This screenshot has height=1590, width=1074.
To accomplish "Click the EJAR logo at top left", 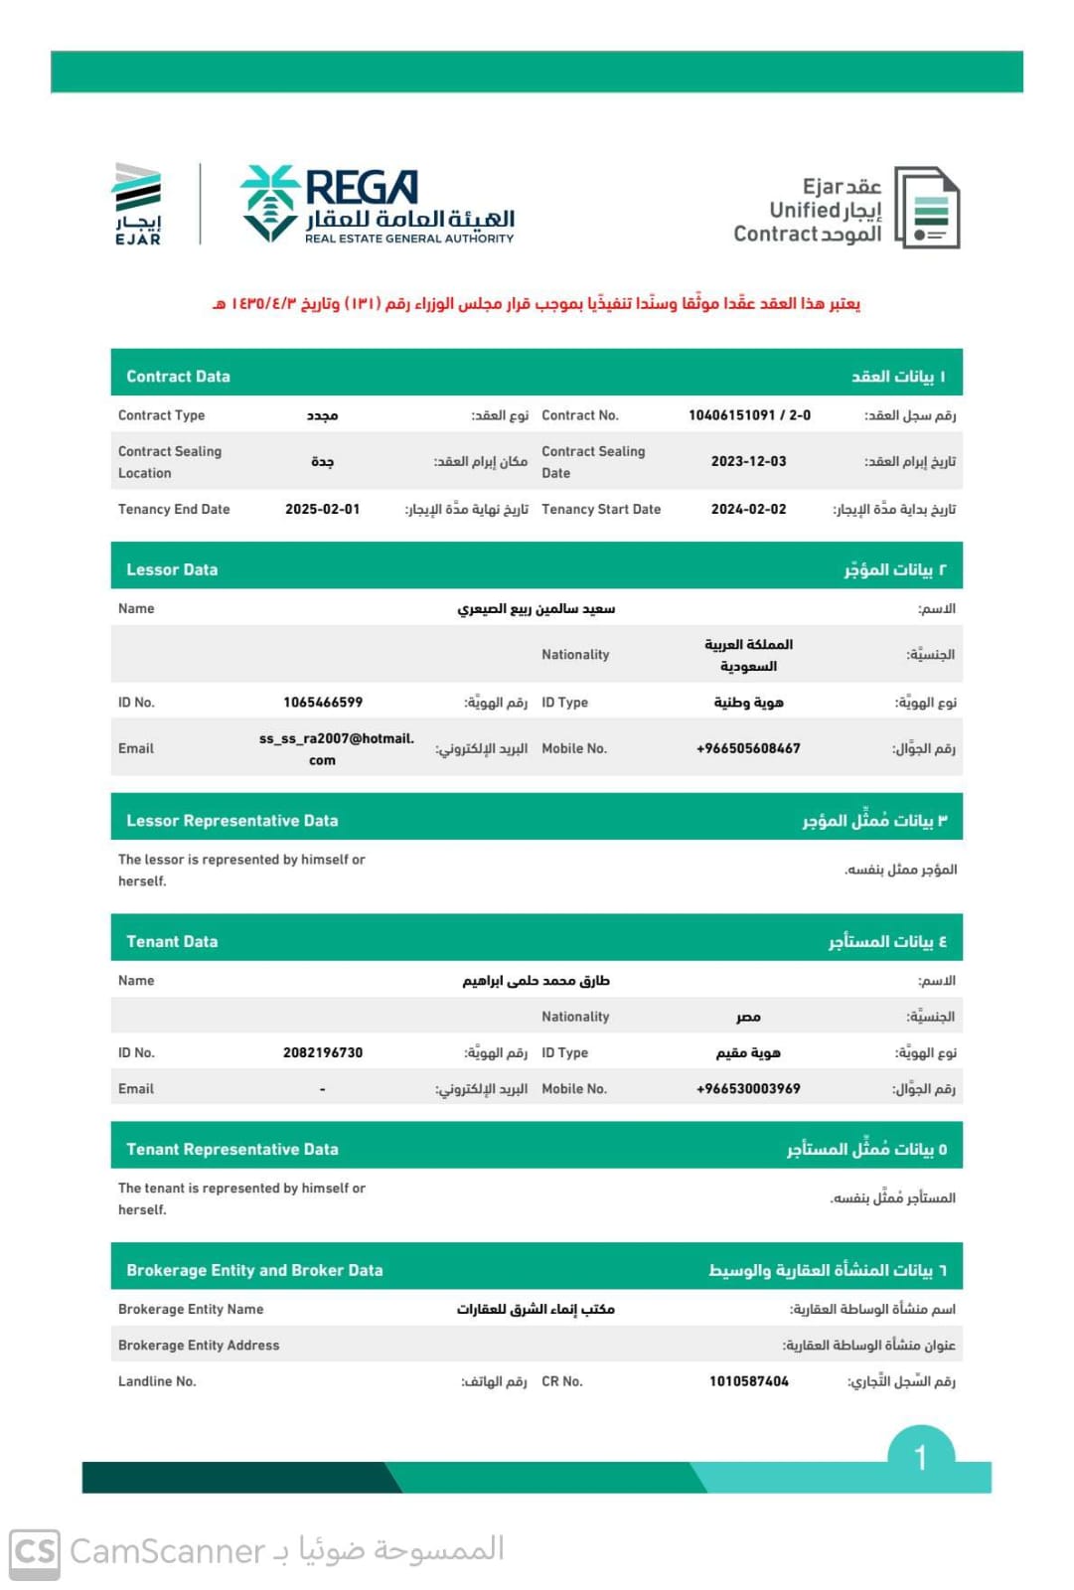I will tap(137, 204).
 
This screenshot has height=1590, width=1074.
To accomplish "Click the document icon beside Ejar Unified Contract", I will tap(927, 208).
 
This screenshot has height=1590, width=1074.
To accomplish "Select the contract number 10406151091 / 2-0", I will tap(749, 415).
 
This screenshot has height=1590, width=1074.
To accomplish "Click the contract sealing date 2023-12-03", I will tap(748, 461).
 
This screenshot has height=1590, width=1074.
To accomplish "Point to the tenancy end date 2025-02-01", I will tap(322, 509).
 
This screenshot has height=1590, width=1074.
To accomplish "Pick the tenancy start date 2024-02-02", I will tap(748, 509).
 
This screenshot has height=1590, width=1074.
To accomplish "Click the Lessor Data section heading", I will tap(172, 569).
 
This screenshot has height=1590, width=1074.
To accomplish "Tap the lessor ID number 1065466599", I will tap(323, 703).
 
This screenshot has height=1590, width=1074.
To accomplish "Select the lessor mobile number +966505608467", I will tap(748, 748).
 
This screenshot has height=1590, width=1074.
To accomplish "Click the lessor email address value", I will tap(335, 748).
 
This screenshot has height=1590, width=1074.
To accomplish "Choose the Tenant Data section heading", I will tap(172, 941).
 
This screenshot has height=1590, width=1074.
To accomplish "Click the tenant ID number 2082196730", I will tap(323, 1052).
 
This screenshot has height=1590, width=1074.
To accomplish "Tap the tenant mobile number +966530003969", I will tap(748, 1089).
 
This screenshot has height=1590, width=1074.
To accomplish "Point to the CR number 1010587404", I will tap(748, 1381).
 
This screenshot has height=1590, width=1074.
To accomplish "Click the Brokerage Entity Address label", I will tap(199, 1346).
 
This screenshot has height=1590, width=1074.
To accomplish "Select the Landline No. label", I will tap(157, 1381).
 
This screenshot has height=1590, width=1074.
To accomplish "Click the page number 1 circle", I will tap(920, 1457).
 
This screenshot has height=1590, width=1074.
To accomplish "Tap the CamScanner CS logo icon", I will tap(35, 1551).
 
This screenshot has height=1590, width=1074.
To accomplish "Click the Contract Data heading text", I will tap(178, 377).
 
